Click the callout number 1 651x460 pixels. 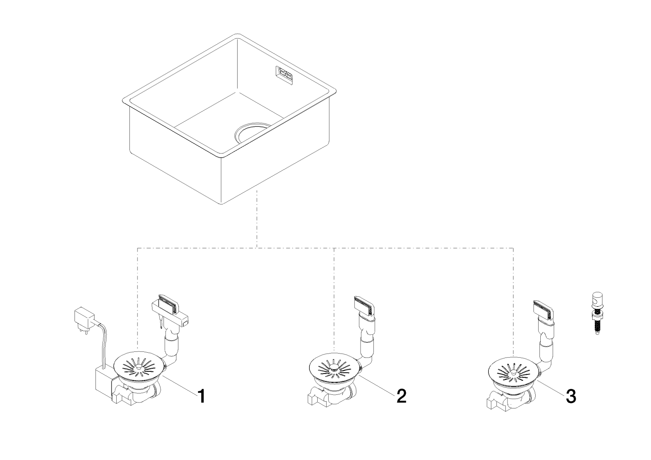point(201,397)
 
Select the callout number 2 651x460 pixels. point(401,396)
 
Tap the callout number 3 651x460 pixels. point(571,397)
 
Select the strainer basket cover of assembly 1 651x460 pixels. point(138,365)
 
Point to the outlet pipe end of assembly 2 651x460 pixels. point(314,398)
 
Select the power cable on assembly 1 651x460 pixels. point(103,341)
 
